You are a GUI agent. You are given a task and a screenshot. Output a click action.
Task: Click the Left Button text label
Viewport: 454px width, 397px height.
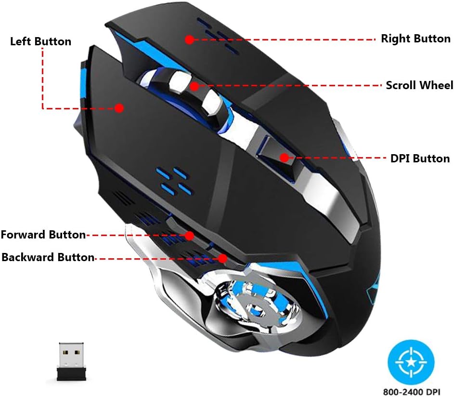click(40, 41)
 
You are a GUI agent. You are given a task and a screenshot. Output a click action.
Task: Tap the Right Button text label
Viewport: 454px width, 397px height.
click(415, 39)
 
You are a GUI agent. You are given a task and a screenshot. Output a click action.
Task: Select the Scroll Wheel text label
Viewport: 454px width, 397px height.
click(419, 85)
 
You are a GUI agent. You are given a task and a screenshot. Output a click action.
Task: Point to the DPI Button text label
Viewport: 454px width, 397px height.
click(420, 159)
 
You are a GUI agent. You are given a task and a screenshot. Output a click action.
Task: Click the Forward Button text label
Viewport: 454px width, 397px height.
click(43, 235)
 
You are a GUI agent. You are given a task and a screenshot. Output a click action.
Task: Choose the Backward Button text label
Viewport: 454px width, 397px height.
click(48, 257)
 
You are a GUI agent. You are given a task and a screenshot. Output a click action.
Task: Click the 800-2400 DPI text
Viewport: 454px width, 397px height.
click(412, 392)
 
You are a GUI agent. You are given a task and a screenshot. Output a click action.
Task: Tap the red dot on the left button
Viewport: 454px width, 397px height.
click(119, 108)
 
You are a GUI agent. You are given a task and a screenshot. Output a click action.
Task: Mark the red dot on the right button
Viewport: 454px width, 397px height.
click(189, 40)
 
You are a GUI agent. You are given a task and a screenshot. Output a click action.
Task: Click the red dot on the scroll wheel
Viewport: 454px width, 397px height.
click(195, 86)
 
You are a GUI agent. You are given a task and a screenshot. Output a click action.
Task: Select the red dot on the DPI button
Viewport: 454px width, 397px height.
click(285, 158)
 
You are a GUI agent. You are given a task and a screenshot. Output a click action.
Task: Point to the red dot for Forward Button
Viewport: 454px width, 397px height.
click(189, 236)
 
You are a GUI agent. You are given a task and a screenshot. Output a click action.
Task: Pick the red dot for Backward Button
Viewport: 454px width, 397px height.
click(222, 259)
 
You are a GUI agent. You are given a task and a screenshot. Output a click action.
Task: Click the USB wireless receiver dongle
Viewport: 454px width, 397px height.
click(71, 361)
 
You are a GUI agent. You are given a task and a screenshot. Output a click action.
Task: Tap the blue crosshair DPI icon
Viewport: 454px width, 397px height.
click(411, 362)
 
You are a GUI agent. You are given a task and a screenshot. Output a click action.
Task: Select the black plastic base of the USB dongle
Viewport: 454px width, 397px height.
click(71, 374)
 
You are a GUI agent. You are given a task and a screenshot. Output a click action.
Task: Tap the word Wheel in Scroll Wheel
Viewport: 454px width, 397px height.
click(436, 85)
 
